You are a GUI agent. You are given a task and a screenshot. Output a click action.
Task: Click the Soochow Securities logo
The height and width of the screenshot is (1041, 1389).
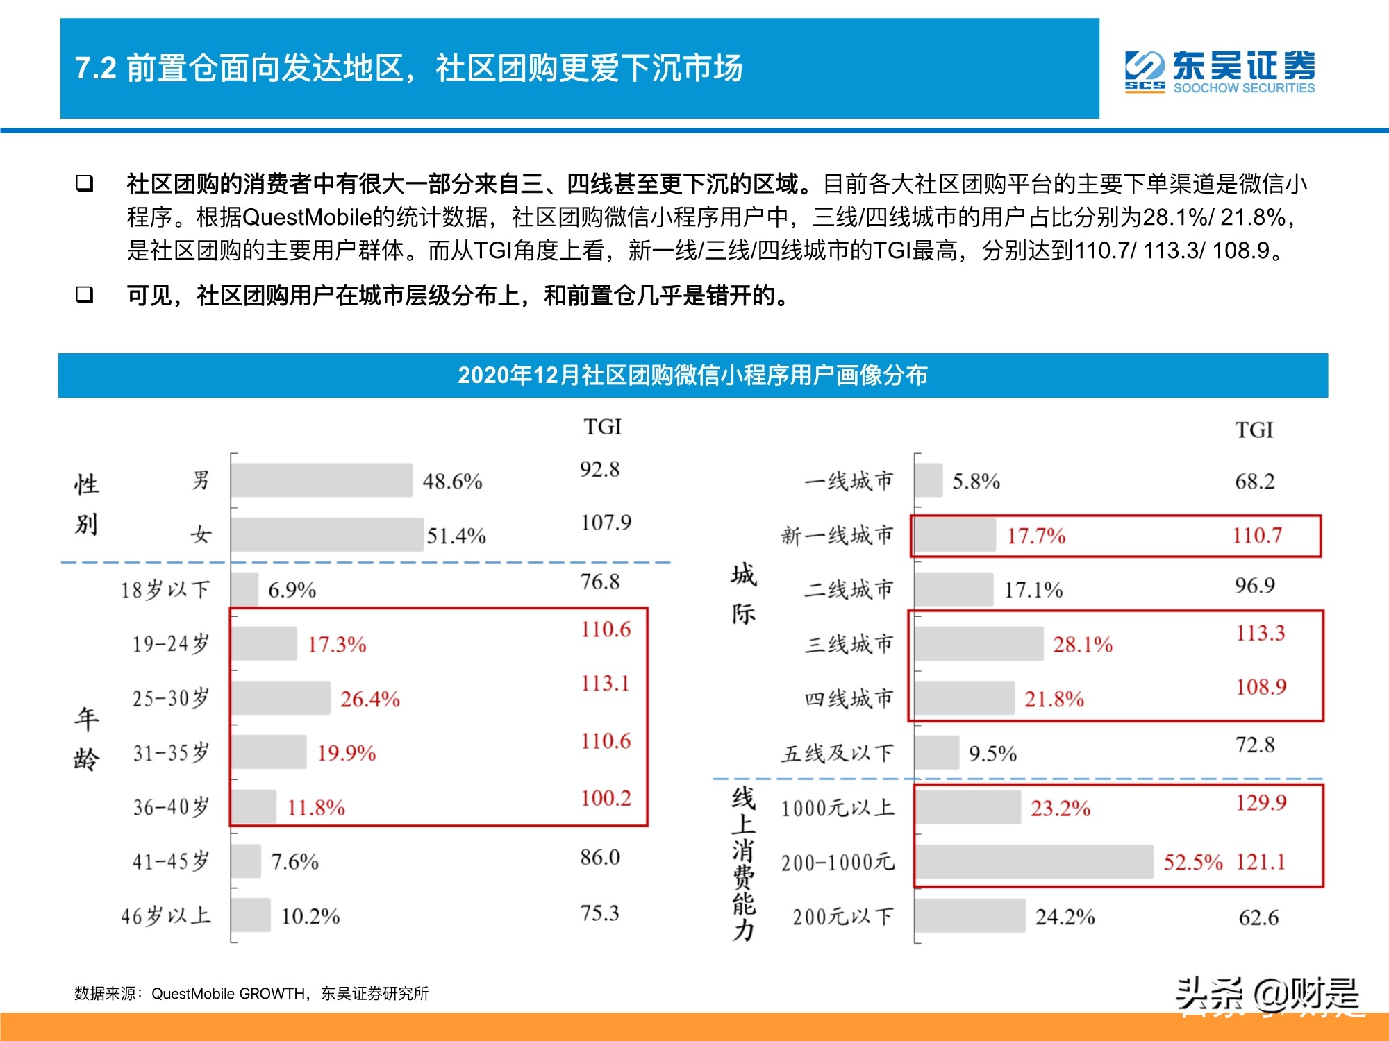(x=1220, y=71)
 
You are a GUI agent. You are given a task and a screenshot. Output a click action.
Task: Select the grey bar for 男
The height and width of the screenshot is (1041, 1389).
(x=322, y=480)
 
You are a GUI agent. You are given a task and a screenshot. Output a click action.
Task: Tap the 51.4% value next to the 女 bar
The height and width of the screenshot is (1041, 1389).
(x=456, y=536)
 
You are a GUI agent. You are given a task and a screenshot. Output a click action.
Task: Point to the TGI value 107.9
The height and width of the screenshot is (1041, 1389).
(x=606, y=522)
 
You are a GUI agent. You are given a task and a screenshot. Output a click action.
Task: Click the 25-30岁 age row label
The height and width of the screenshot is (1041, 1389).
(x=171, y=698)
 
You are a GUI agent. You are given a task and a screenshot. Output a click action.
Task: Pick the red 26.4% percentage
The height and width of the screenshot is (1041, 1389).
(x=369, y=699)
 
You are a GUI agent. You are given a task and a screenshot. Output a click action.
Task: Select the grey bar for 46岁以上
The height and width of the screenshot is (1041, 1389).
(x=251, y=915)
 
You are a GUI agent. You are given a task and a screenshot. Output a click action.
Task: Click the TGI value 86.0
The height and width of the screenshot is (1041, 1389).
(x=600, y=857)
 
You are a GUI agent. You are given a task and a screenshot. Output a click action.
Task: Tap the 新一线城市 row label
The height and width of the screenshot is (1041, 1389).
(x=837, y=535)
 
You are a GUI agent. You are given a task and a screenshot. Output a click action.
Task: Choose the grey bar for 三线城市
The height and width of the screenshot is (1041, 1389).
(x=978, y=643)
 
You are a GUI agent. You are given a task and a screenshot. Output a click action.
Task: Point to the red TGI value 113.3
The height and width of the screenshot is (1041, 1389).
(x=1260, y=633)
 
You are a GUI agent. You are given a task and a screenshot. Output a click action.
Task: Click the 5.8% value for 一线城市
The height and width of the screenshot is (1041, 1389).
(x=976, y=481)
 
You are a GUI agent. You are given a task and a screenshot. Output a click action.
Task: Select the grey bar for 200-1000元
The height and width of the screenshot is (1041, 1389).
(x=1033, y=861)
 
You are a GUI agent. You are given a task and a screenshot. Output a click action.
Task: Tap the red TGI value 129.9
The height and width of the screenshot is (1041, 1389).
(x=1261, y=802)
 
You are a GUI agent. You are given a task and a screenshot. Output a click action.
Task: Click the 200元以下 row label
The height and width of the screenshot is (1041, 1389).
(x=842, y=917)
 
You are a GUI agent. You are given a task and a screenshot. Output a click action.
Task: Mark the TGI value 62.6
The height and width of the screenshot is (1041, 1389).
(x=1258, y=917)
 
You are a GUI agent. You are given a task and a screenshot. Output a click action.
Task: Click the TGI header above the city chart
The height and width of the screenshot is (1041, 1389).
(x=1254, y=430)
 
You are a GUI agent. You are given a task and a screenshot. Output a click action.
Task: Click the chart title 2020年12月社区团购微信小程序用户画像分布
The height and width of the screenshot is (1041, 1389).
(x=692, y=375)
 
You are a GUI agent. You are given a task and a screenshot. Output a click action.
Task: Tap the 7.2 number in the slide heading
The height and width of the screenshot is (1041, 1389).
(x=96, y=69)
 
